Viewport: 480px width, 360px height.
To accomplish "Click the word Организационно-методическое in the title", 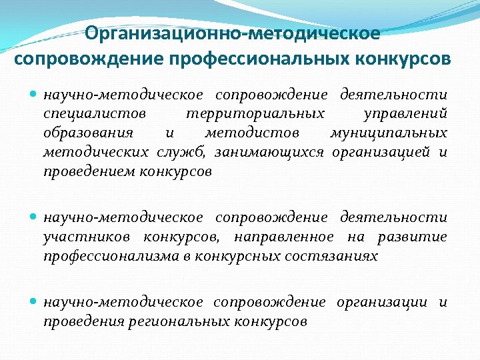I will pos(233,33).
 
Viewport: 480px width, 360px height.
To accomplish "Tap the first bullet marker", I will pos(35,95).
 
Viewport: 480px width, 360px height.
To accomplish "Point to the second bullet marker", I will pos(35,218).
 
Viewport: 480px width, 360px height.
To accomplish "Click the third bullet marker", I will pos(35,302).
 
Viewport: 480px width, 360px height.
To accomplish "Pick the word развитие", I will pos(412,237).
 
